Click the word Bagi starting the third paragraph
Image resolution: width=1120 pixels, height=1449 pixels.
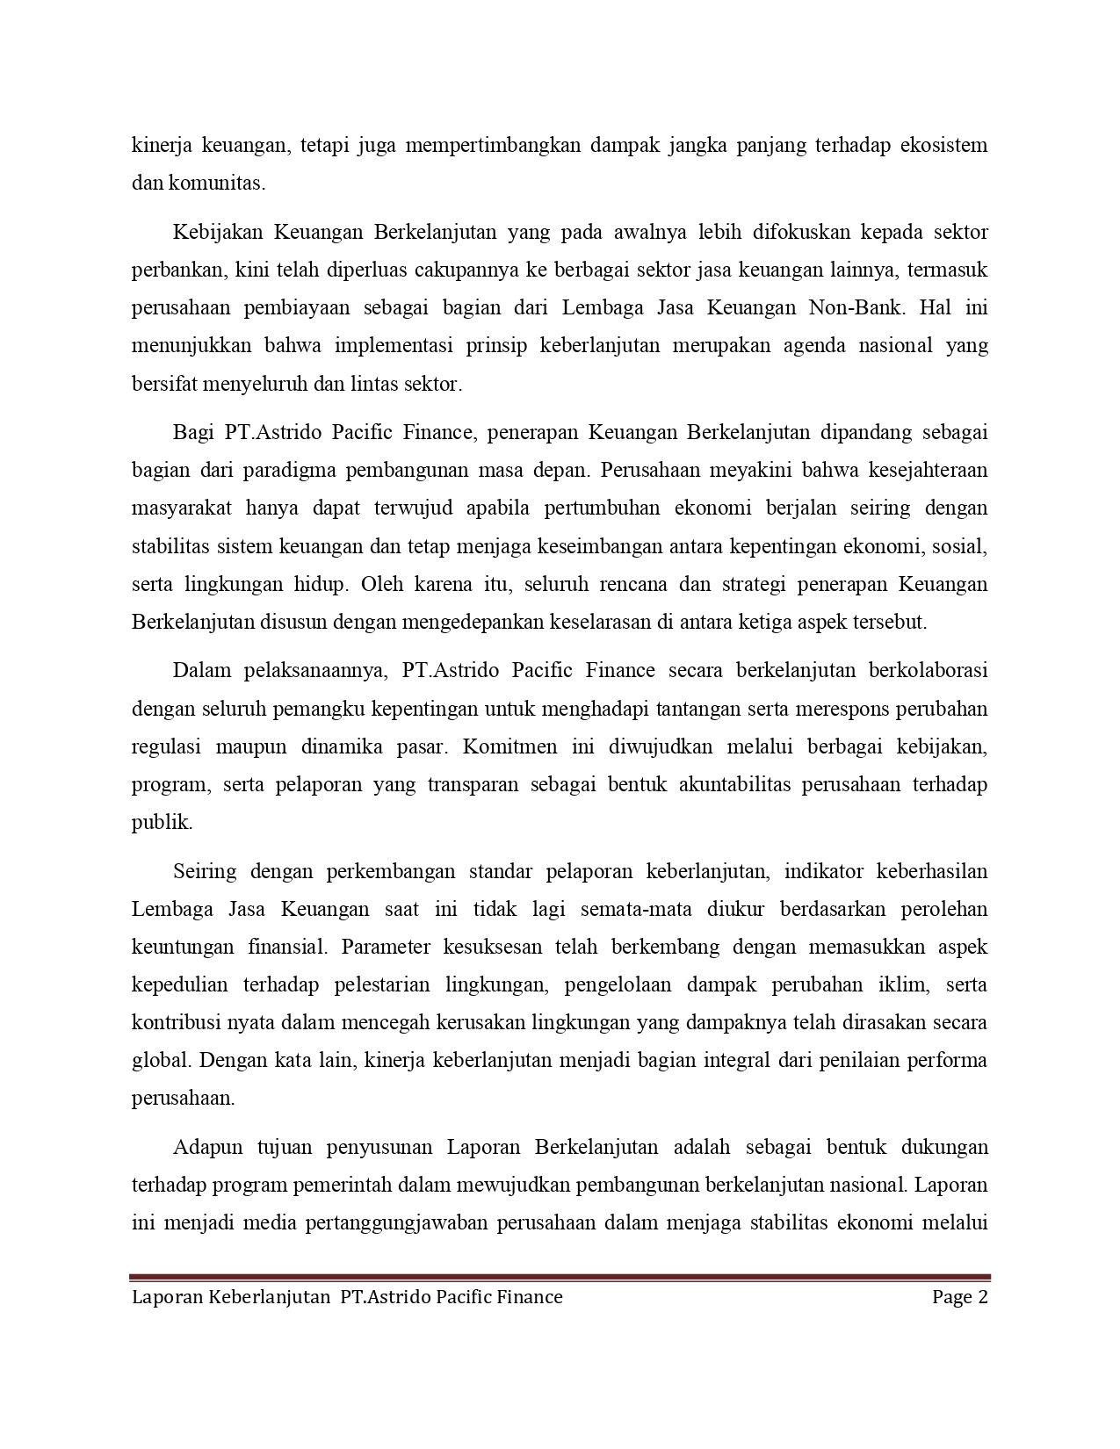191,433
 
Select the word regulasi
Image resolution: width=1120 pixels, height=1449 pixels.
164,747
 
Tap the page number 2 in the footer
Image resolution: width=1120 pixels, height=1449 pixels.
983,1298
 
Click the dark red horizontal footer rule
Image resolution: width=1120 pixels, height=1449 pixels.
560,1278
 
